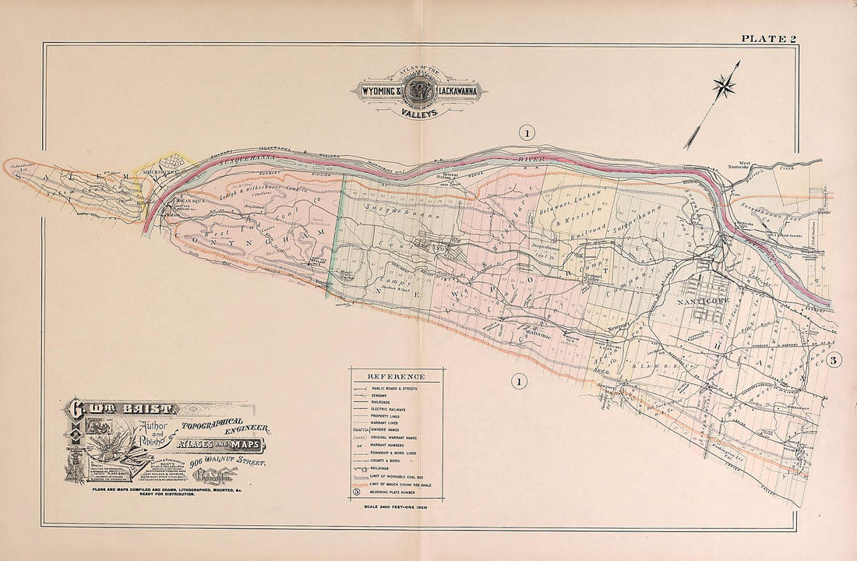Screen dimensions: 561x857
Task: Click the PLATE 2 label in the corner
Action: tap(767, 37)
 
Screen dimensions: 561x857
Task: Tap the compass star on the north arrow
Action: tap(725, 85)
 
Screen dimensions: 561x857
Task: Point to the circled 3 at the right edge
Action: tap(833, 360)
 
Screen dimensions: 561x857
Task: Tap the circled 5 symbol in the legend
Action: tap(356, 492)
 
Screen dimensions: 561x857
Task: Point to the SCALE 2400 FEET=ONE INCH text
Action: tap(395, 508)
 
